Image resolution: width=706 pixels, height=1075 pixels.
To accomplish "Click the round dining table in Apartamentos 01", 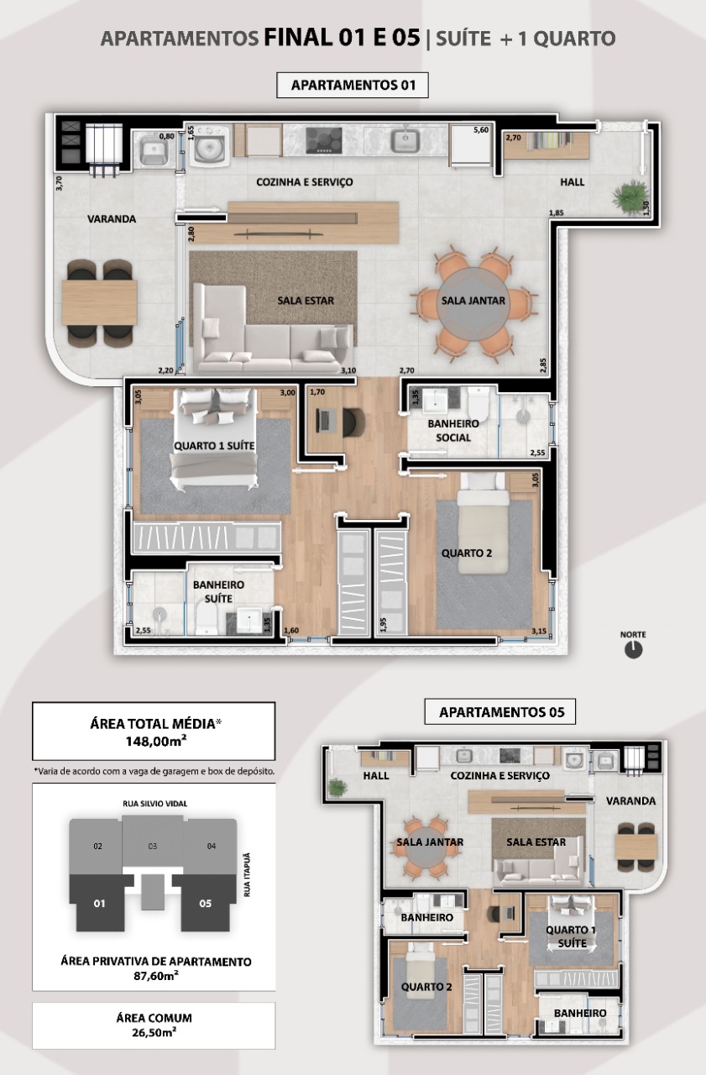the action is tap(473, 302).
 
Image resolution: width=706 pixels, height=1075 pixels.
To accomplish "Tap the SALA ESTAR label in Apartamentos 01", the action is tap(306, 301).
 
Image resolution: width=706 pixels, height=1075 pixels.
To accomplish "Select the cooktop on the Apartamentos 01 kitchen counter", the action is tap(324, 140).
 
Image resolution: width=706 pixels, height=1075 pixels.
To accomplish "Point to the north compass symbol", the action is tap(633, 649).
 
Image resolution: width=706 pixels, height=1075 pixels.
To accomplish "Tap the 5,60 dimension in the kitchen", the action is tap(480, 129).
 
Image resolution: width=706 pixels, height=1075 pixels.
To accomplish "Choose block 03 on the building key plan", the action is tap(153, 846).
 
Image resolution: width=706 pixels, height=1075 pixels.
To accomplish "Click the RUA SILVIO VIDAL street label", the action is tap(155, 804).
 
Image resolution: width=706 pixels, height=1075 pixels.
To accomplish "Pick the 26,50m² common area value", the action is tap(154, 1032).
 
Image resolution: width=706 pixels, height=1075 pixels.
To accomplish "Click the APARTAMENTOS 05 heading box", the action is tap(500, 712).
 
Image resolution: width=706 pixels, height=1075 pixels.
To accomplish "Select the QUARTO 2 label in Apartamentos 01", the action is tap(467, 553).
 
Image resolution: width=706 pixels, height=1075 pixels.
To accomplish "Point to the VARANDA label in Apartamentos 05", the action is tap(630, 801).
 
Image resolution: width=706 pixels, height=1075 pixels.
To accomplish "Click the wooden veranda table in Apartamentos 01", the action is tap(100, 303).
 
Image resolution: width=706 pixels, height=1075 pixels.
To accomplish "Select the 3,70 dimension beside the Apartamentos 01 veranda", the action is tap(59, 183).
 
